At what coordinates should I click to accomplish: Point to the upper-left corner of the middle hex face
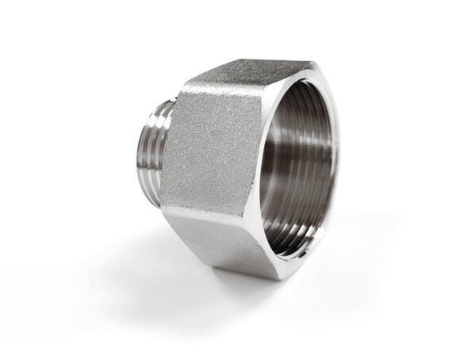click(184, 90)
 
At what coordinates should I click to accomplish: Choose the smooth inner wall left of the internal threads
click(274, 167)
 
